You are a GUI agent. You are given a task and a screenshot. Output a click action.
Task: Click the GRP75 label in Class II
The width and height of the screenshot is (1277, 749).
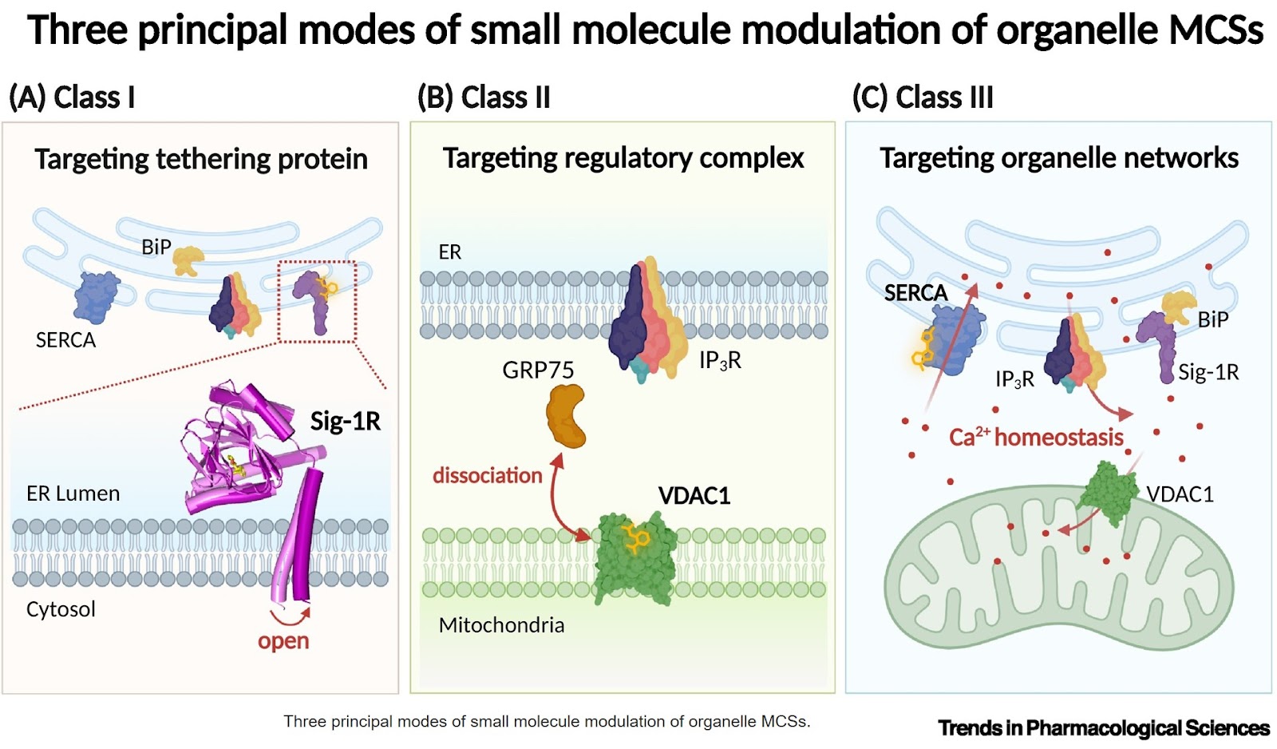tap(538, 371)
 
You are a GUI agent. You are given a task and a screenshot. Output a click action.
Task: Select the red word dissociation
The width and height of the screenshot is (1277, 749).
tap(487, 476)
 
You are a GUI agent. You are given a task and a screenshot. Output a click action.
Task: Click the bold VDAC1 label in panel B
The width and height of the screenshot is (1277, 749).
tap(694, 496)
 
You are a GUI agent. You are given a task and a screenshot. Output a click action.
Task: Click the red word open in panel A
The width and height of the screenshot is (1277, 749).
tap(283, 641)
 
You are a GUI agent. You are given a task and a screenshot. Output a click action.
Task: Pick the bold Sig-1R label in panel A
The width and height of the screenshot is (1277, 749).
tap(345, 421)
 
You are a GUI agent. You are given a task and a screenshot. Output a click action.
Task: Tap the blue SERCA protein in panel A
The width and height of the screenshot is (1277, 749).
tap(97, 296)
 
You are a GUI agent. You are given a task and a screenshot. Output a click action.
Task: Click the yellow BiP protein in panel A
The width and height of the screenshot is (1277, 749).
tap(188, 260)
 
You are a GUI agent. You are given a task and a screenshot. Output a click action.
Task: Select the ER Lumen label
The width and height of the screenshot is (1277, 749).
tap(73, 493)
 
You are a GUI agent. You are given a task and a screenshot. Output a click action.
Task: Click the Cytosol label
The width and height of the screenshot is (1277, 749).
tap(61, 609)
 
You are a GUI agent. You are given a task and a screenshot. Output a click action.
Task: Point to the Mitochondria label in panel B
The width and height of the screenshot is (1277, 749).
tap(501, 625)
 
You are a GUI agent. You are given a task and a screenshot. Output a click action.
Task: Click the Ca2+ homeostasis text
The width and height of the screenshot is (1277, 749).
tap(1036, 438)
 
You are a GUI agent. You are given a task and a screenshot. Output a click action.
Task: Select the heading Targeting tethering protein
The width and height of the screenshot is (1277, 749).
tap(201, 159)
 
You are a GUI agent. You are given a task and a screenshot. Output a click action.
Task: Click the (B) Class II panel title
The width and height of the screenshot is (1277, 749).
tap(484, 97)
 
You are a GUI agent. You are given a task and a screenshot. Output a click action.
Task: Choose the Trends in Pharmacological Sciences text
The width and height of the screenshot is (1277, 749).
tap(1103, 728)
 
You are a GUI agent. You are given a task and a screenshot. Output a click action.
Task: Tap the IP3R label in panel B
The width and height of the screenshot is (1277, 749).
tap(720, 361)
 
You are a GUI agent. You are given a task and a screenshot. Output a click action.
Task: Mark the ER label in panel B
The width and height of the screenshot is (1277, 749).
tap(449, 252)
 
